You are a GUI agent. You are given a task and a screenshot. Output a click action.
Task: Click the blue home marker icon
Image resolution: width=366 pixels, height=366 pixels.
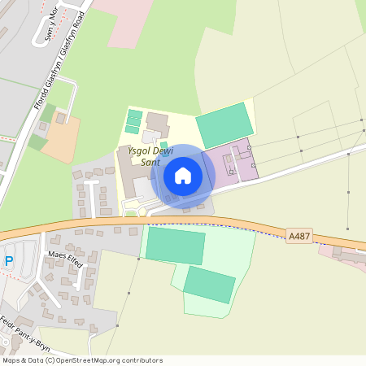pyautogui.click(x=183, y=175)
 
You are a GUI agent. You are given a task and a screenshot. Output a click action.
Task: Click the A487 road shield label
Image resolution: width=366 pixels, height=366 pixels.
pyautogui.click(x=299, y=235)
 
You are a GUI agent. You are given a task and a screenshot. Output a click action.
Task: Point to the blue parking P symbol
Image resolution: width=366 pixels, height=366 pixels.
pyautogui.click(x=9, y=261)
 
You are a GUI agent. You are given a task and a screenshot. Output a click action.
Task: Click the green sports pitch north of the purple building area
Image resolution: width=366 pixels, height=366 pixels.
pyautogui.click(x=225, y=124)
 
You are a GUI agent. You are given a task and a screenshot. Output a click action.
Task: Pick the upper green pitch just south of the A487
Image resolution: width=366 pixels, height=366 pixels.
pyautogui.click(x=175, y=246)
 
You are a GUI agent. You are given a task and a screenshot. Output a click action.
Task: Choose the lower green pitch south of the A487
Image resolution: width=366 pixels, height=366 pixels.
pyautogui.click(x=209, y=285)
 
